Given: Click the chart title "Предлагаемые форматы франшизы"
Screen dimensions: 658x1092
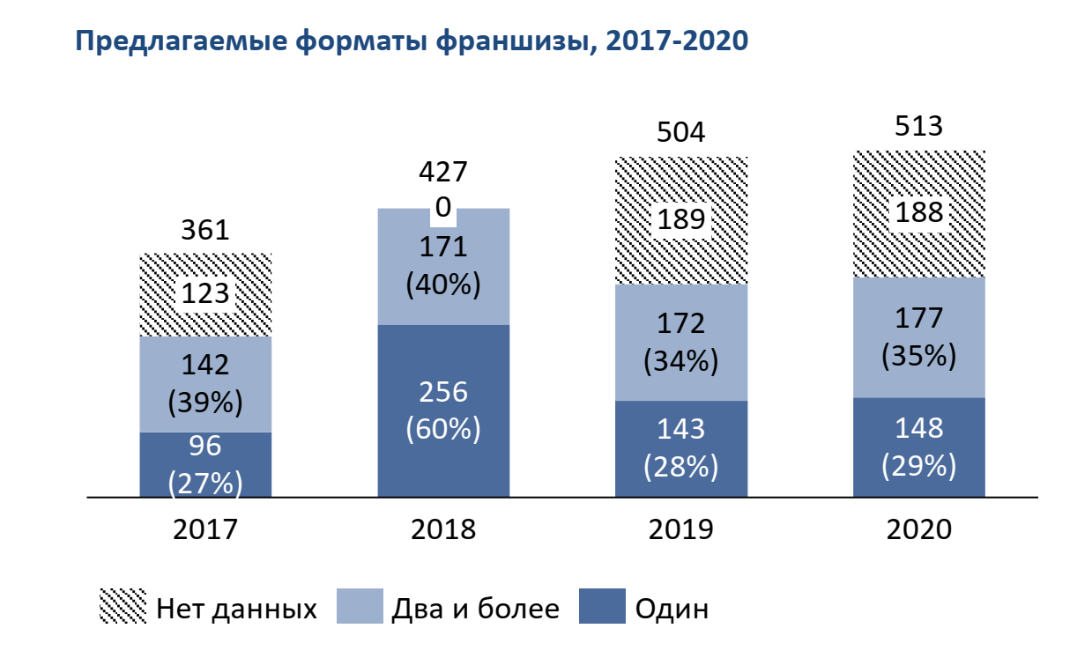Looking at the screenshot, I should [412, 41].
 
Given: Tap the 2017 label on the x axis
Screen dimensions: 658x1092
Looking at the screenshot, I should [205, 529].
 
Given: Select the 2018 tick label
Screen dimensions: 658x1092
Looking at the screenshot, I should [443, 529].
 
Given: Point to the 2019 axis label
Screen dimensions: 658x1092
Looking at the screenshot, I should [681, 529].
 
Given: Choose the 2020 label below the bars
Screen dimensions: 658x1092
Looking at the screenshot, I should [919, 529].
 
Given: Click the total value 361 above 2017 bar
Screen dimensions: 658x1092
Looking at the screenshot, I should [205, 231].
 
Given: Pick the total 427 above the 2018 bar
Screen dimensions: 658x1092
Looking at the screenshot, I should [443, 172].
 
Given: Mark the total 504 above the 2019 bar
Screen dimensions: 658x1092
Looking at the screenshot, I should [681, 133].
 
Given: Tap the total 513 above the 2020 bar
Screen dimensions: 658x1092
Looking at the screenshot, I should [919, 126].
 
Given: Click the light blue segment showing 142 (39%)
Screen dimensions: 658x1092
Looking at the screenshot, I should [205, 384].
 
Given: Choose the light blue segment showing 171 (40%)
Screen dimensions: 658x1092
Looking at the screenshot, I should [443, 267].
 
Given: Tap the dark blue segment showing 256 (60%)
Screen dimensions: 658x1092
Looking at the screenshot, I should [443, 410].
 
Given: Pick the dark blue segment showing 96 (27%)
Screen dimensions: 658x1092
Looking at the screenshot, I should [205, 464].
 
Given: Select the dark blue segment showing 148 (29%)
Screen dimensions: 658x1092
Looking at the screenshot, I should [919, 447].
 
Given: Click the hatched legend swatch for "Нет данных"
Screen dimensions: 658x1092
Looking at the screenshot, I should [123, 607].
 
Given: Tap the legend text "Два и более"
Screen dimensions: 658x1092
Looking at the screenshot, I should [475, 608].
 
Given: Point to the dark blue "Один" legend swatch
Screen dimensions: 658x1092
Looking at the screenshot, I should [602, 607].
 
